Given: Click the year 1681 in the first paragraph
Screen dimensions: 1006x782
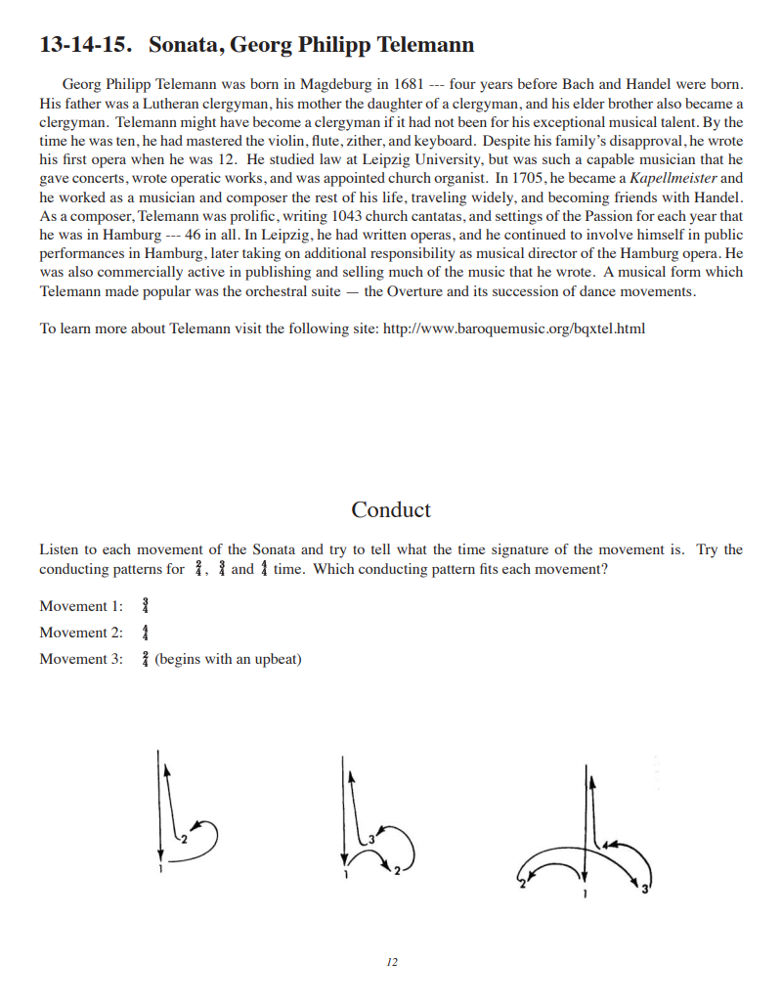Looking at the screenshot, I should (x=407, y=84).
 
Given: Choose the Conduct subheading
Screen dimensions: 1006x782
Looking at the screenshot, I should (x=391, y=509).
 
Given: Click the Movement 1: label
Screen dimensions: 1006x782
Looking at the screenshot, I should (x=81, y=606).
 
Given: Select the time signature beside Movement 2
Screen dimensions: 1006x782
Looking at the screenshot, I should (x=144, y=633).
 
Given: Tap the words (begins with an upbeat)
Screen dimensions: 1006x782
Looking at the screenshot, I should (x=228, y=659).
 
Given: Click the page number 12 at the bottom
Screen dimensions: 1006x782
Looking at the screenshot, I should (x=392, y=963).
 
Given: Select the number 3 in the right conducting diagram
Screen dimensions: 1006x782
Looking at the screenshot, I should (x=644, y=888).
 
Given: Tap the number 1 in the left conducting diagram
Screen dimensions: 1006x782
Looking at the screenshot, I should (x=160, y=868).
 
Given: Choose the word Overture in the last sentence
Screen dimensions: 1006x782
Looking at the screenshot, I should (x=416, y=291).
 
